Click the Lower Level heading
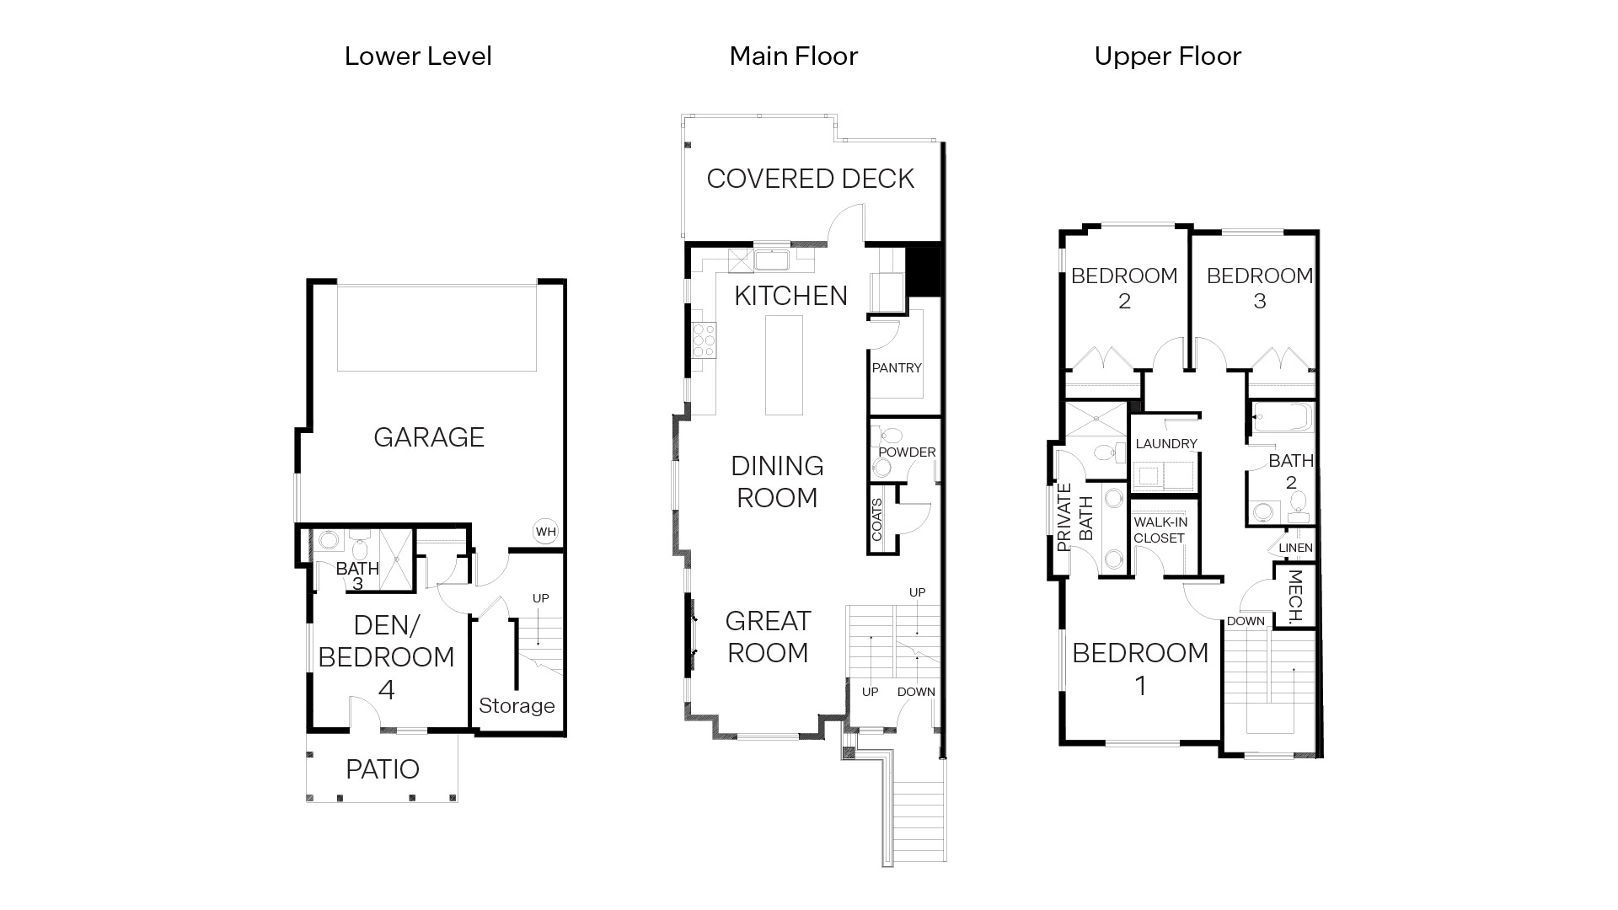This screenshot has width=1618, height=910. point(418,56)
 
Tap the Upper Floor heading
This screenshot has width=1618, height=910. point(1167,56)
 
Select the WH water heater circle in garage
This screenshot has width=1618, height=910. point(545,532)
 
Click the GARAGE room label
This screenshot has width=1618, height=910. point(429,437)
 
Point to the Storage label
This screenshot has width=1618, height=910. point(517,706)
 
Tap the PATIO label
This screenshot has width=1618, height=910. point(383,769)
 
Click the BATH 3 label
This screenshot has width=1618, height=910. point(357,575)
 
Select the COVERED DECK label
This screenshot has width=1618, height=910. point(810,179)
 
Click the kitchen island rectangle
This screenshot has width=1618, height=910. point(784,365)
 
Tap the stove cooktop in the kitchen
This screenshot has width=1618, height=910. point(704,341)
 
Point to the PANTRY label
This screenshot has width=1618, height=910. point(897,368)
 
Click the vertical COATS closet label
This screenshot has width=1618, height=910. point(876,520)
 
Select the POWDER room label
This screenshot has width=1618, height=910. point(907,452)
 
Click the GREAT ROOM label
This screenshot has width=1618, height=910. point(768,637)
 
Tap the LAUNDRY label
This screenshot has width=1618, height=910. point(1166,444)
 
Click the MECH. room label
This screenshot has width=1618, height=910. point(1296,596)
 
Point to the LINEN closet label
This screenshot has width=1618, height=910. point(1295,548)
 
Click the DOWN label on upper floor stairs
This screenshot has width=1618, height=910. point(1246,621)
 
